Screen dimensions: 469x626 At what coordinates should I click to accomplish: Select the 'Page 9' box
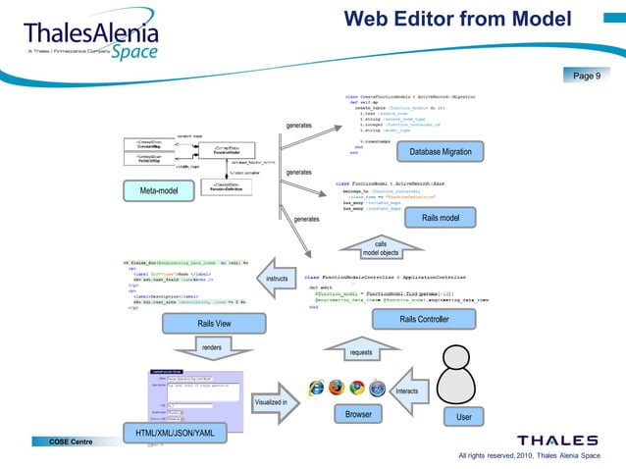pyautogui.click(x=590, y=76)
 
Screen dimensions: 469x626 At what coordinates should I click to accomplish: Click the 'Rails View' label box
pyautogui.click(x=214, y=323)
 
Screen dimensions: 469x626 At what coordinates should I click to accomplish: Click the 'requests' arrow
pyautogui.click(x=361, y=351)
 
